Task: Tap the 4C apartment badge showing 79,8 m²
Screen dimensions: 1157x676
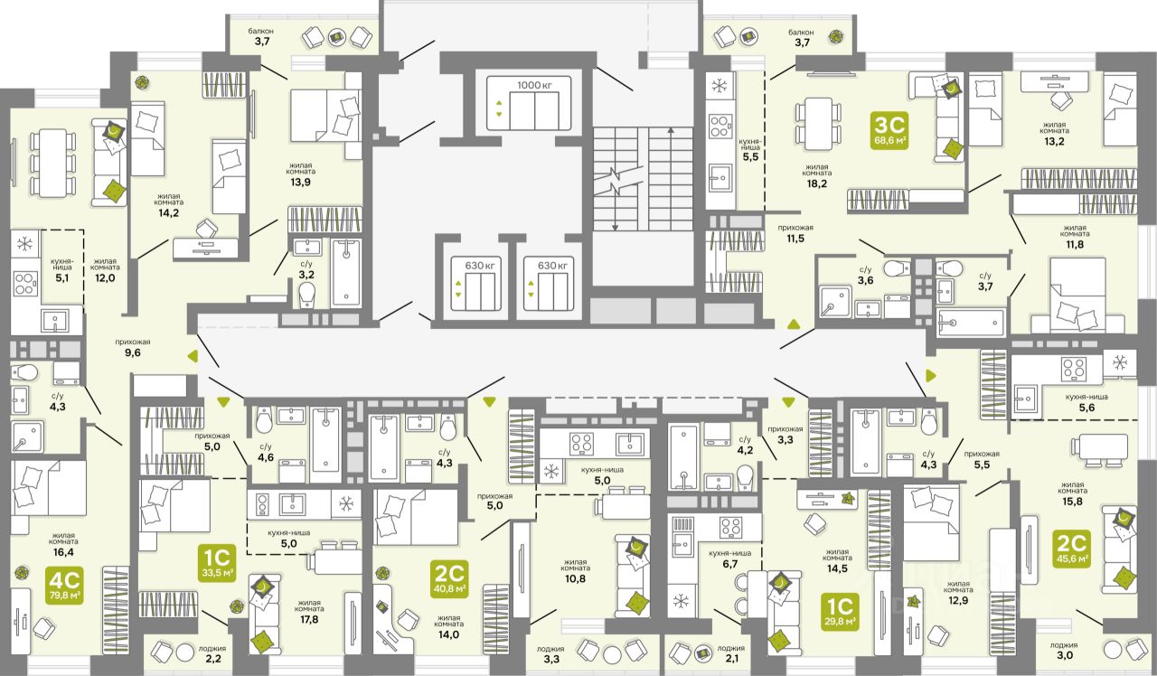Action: point(64,586)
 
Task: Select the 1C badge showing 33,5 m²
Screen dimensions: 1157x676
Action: point(218,562)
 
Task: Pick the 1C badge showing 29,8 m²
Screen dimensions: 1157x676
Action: point(841,612)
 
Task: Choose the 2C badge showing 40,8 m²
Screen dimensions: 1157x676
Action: point(449,579)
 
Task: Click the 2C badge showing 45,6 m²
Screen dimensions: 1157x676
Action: point(1072,549)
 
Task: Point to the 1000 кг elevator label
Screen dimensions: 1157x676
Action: point(534,85)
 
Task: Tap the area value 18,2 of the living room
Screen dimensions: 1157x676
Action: point(816,183)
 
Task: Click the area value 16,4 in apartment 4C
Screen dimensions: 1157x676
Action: point(63,552)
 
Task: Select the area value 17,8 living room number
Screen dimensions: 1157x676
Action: point(309,619)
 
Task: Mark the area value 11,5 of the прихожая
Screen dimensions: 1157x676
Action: point(795,239)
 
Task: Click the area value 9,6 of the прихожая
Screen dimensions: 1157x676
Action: point(133,352)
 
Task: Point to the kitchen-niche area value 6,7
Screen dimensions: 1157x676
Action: point(729,564)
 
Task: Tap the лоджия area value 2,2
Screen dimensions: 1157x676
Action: point(213,659)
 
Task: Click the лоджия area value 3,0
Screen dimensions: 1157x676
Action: point(1064,655)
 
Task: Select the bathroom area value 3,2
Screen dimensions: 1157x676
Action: point(306,275)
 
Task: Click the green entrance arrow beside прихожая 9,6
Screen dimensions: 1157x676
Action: point(193,356)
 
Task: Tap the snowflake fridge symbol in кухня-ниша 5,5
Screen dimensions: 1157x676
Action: point(719,85)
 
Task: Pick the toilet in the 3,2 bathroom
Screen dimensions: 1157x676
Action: point(306,295)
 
